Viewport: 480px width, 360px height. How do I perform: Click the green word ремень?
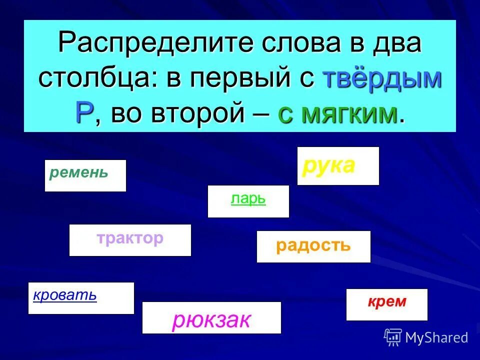click(x=79, y=173)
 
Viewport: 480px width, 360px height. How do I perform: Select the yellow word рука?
click(x=328, y=165)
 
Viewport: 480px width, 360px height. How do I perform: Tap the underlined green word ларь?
click(x=248, y=199)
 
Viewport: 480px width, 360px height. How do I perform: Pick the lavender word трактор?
click(x=130, y=238)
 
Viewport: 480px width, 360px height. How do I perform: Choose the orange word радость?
click(x=313, y=245)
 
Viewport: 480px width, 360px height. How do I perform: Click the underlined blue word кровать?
click(x=65, y=295)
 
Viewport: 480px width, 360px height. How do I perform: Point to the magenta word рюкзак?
click(x=211, y=320)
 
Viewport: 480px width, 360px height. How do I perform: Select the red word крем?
click(x=387, y=302)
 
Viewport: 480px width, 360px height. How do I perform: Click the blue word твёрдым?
click(x=382, y=79)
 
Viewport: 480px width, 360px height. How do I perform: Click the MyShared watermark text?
click(x=436, y=337)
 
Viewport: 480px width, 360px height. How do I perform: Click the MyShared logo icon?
click(x=393, y=337)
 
